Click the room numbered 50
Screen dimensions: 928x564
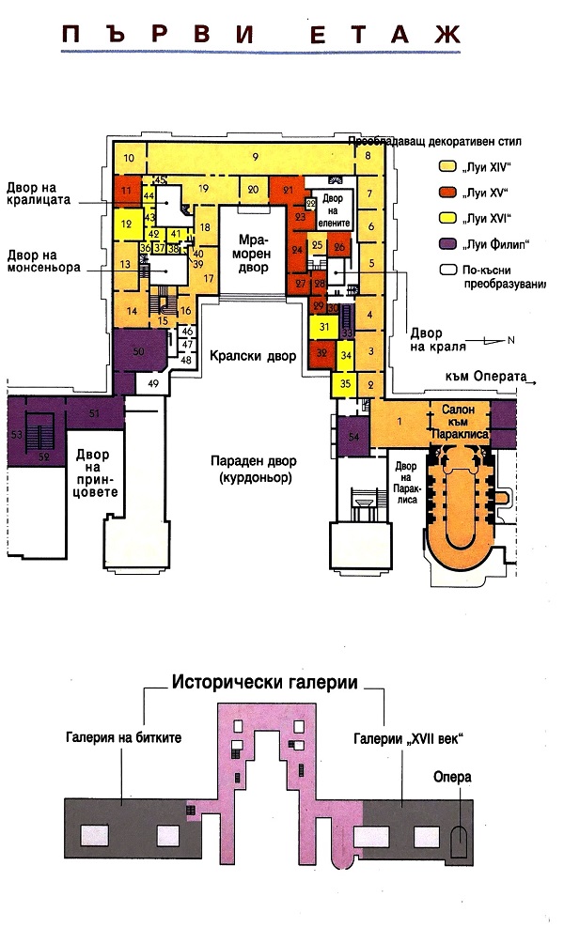[x=138, y=350]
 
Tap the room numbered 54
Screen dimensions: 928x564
[x=352, y=437]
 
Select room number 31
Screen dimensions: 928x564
[x=324, y=327]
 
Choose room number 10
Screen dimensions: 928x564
[x=131, y=157]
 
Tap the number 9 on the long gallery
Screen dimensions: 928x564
[x=255, y=155]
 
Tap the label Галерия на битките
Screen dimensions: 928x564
[x=123, y=737]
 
